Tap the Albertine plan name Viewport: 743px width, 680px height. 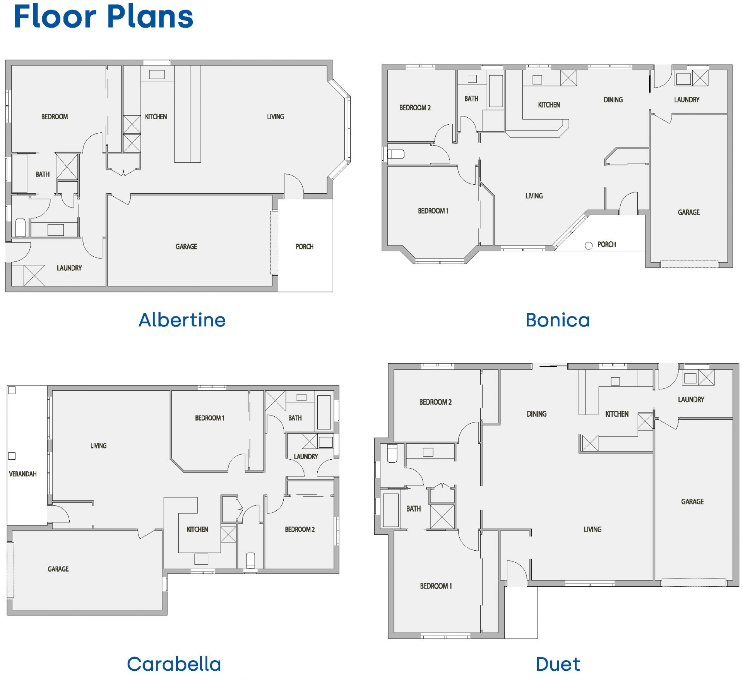pos(182,320)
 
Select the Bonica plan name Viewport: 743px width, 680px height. pos(558,320)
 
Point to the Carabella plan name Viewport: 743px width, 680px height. pos(174,664)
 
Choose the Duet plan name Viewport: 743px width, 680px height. pos(558,664)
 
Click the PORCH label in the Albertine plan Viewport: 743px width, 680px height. pos(304,247)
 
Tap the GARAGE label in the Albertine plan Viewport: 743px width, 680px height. pos(186,247)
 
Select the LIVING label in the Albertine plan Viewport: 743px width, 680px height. pos(276,117)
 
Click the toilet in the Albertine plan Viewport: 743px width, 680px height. pos(20,228)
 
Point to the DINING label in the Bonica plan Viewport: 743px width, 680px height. pos(613,100)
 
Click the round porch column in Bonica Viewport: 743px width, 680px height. pos(589,246)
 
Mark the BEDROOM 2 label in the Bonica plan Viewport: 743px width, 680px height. pos(415,108)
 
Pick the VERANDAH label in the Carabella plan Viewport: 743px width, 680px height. pos(23,474)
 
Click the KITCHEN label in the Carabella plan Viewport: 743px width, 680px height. pos(197,529)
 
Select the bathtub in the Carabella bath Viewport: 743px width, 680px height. pos(324,412)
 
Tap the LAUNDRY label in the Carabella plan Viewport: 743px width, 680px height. pos(306,457)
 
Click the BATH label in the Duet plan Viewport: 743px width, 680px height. pos(413,509)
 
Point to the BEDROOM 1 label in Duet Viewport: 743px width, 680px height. pos(436,586)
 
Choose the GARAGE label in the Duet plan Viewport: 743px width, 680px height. pos(692,502)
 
